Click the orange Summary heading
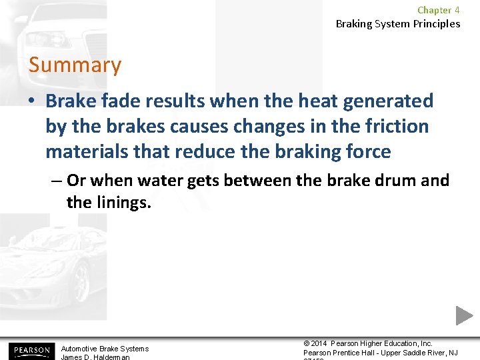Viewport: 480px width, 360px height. pos(75,65)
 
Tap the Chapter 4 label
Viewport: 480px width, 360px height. pos(438,10)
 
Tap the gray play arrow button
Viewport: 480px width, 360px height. pos(464,315)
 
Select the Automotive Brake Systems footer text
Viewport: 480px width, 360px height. pos(105,349)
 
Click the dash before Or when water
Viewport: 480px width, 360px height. pos(57,181)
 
